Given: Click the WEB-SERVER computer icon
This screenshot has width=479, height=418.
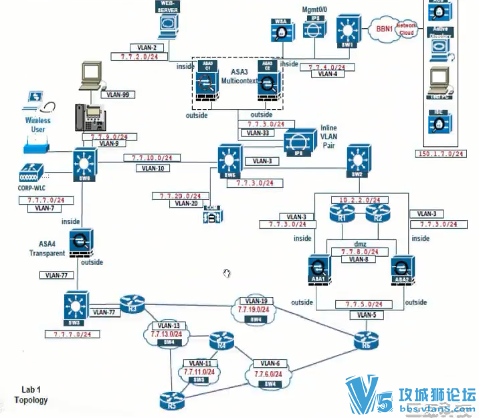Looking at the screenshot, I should point(167,25).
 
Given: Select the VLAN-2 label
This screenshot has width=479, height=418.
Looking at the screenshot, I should point(147,48).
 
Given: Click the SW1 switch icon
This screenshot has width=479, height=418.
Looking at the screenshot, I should point(347,29).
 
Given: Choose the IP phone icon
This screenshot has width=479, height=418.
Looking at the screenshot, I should point(90,118).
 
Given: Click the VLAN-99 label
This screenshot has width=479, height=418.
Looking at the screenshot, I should point(118,94).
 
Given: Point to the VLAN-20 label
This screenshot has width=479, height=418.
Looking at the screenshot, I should point(186,203).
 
